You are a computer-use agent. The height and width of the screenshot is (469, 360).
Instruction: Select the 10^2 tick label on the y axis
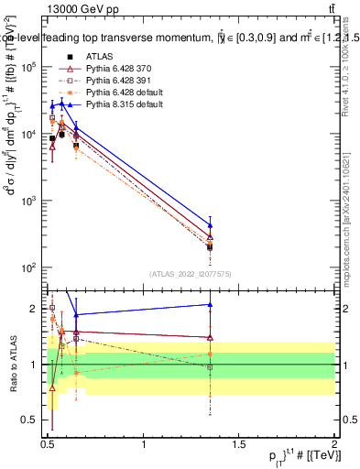click(x=30, y=267)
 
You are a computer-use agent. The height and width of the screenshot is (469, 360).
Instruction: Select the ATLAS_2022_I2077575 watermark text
click(x=191, y=274)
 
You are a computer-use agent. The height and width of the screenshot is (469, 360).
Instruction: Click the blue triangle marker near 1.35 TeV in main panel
click(x=211, y=225)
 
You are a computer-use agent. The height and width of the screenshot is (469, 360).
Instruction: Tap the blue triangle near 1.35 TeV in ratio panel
click(x=211, y=304)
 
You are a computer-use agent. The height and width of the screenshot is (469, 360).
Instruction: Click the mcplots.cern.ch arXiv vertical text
click(x=346, y=211)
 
